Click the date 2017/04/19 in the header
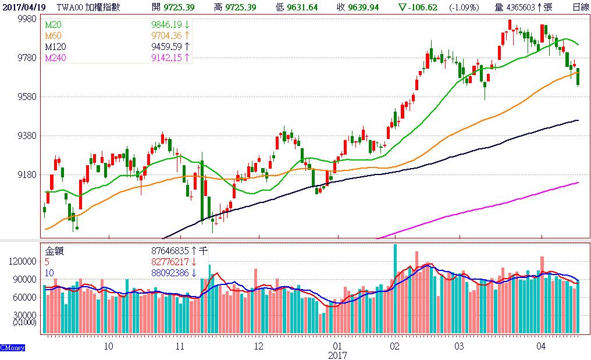(x=24, y=7)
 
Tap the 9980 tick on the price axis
(x=27, y=19)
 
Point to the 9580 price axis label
(x=27, y=97)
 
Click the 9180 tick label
(x=27, y=174)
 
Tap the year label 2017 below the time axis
(x=337, y=355)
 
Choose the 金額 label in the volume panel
(x=55, y=251)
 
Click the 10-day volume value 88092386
(x=170, y=272)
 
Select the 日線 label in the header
(x=579, y=7)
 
